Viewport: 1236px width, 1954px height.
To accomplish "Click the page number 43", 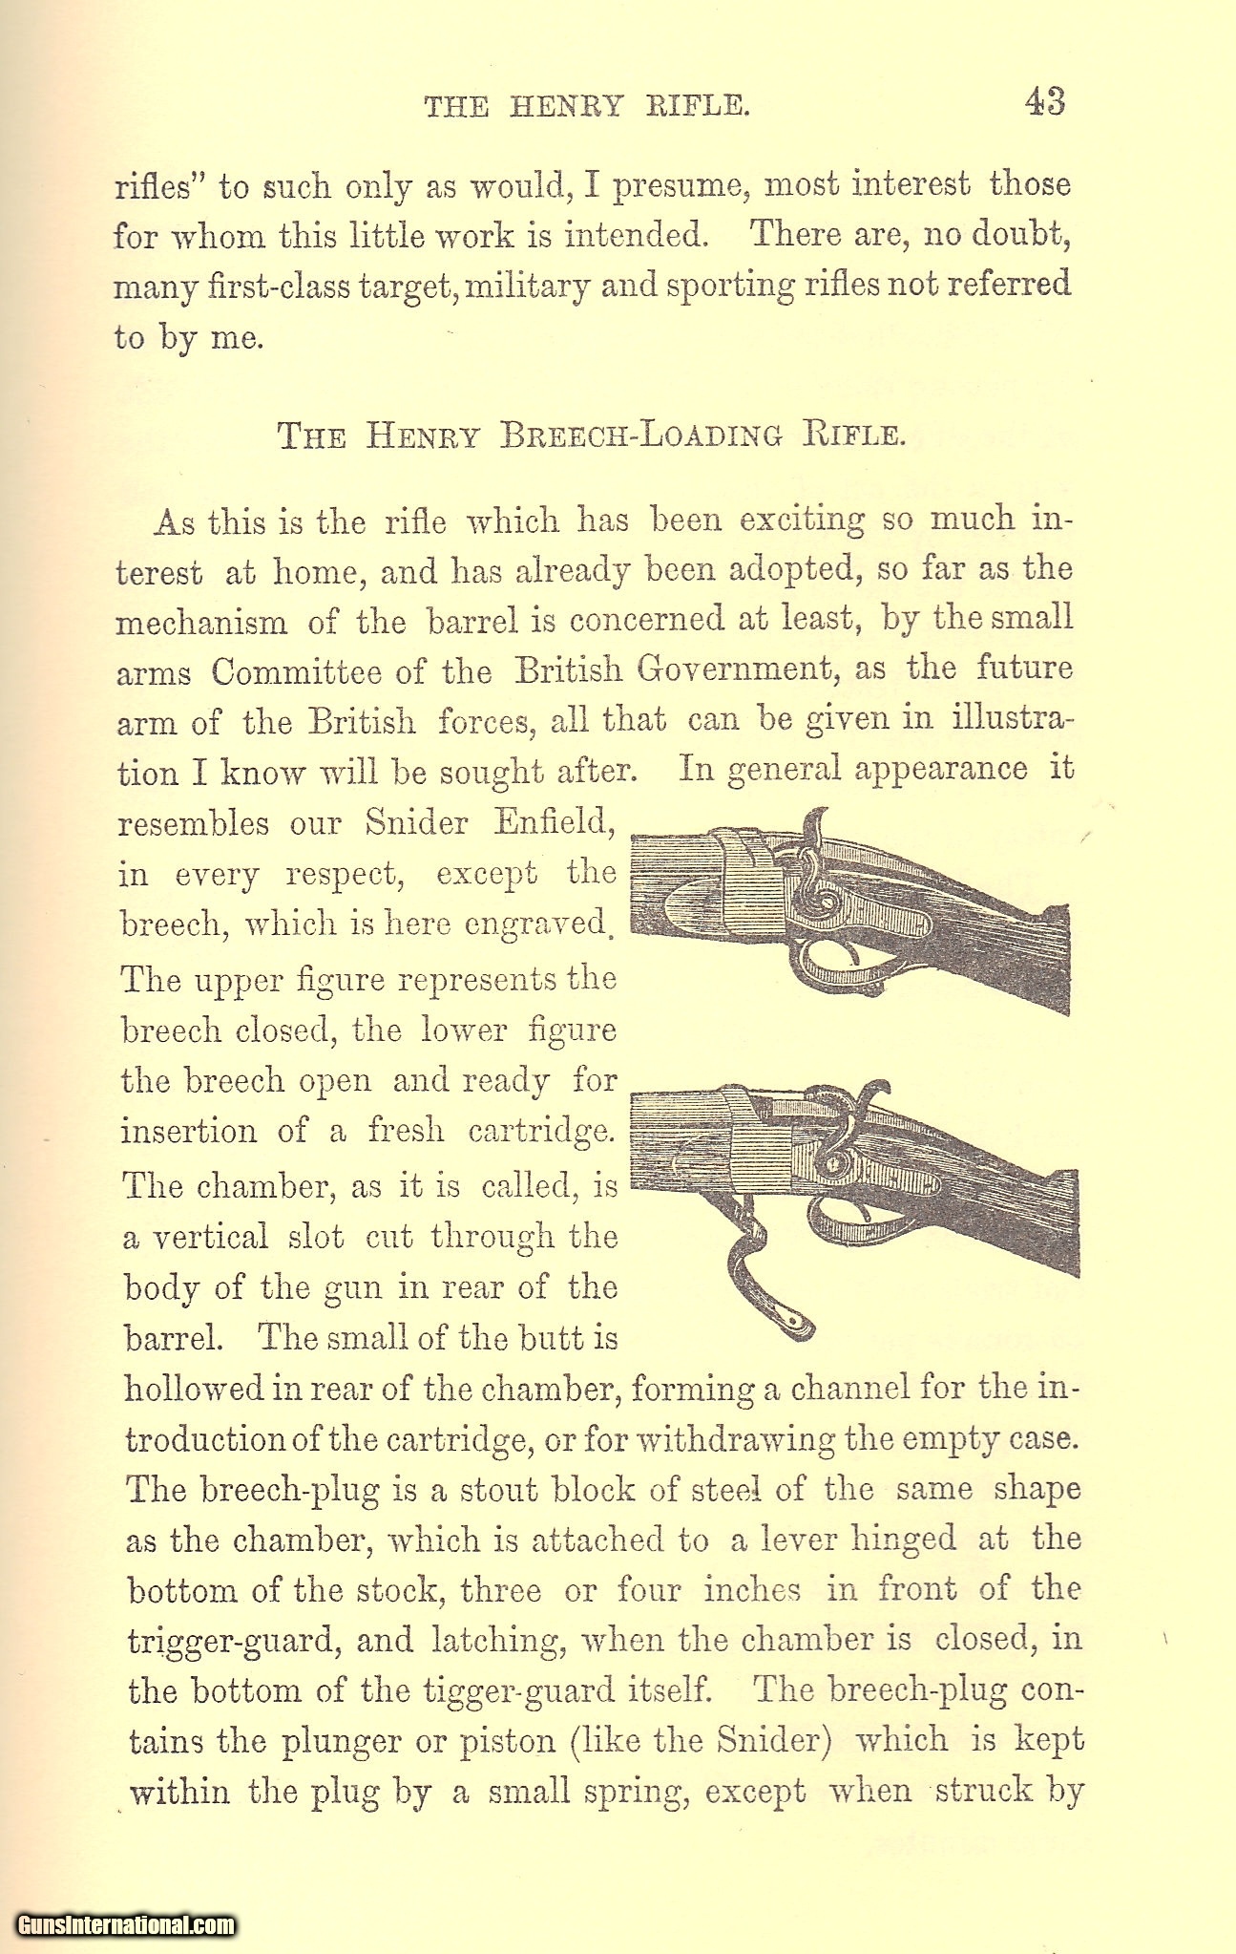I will pos(1044,101).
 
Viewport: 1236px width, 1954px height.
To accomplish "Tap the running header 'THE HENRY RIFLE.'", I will pos(587,105).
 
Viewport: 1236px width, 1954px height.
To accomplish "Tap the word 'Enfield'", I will pos(552,822).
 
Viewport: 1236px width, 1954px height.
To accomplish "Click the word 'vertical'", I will pos(211,1238).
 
